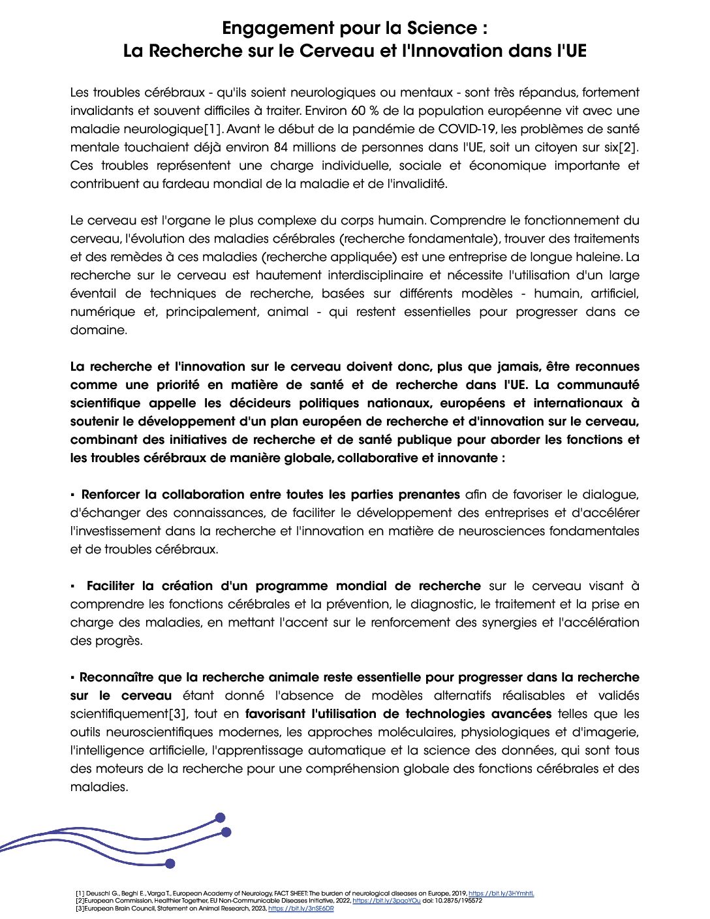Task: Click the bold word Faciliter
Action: (x=114, y=586)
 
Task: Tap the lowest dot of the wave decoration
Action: (x=170, y=864)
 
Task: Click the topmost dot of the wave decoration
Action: (x=220, y=817)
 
